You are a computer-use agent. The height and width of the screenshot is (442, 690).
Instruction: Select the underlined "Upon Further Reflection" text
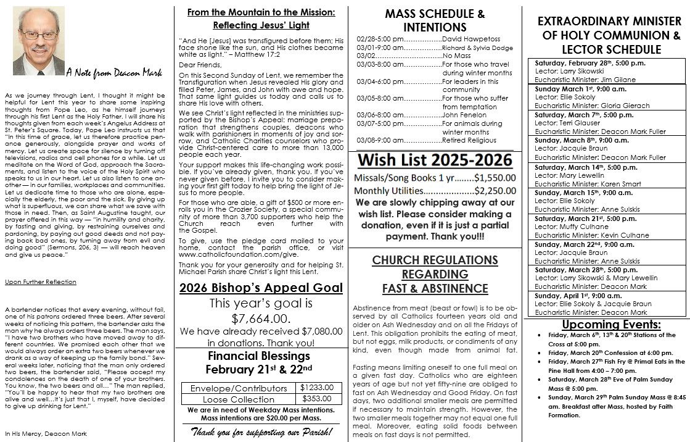click(x=41, y=282)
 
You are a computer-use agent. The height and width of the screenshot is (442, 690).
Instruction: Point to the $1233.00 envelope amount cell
click(x=317, y=387)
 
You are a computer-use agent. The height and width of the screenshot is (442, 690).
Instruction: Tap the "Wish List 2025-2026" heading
click(x=434, y=161)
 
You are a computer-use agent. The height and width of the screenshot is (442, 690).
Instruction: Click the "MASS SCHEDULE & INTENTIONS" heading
click(x=434, y=20)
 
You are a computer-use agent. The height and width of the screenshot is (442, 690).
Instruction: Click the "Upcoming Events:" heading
click(x=611, y=325)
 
